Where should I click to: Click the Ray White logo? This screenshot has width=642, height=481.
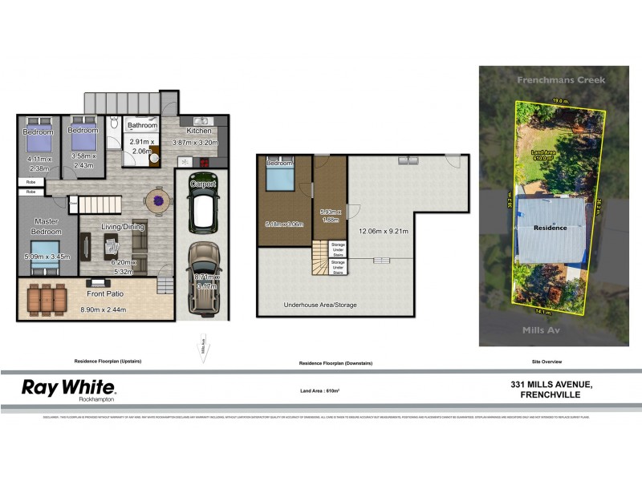point(68,389)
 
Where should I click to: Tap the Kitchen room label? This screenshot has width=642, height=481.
point(199,131)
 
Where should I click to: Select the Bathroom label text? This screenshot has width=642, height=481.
point(141,126)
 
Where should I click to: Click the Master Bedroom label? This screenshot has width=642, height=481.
point(48,227)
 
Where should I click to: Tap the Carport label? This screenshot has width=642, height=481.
point(203,184)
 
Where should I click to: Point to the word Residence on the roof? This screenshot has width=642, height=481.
point(551,228)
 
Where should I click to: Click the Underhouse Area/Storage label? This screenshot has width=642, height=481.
point(320,305)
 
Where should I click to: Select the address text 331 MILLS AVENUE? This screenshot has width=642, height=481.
point(552,386)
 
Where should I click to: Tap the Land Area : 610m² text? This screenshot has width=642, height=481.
point(320,390)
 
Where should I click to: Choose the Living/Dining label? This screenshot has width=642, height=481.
point(122,227)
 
